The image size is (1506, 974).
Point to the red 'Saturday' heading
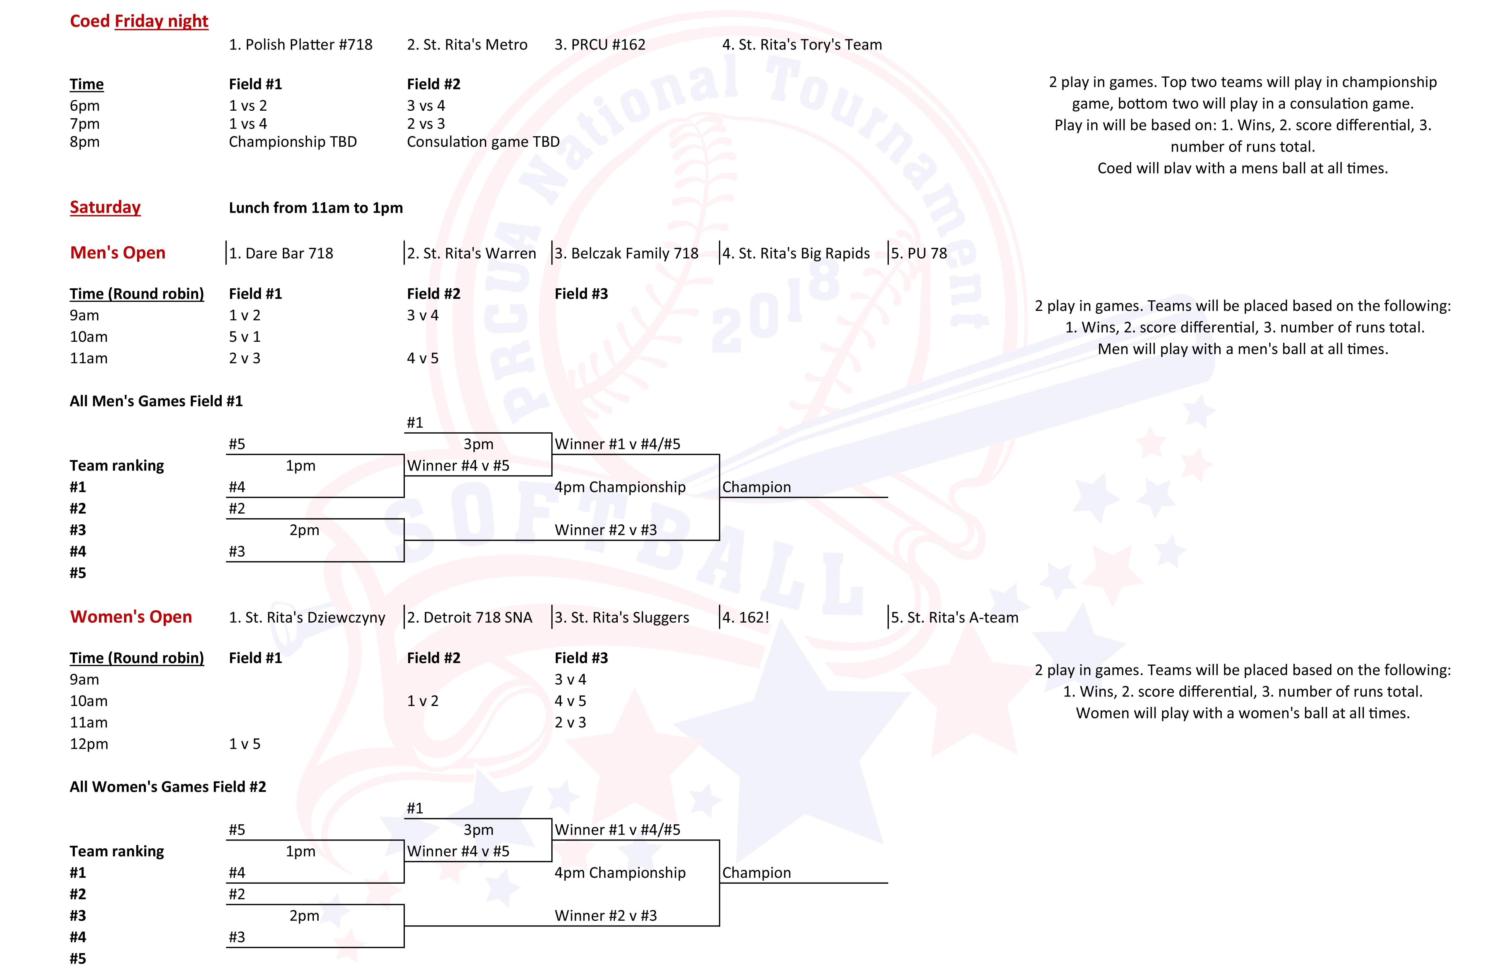coord(105,207)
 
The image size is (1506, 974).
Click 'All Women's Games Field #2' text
coord(168,787)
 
